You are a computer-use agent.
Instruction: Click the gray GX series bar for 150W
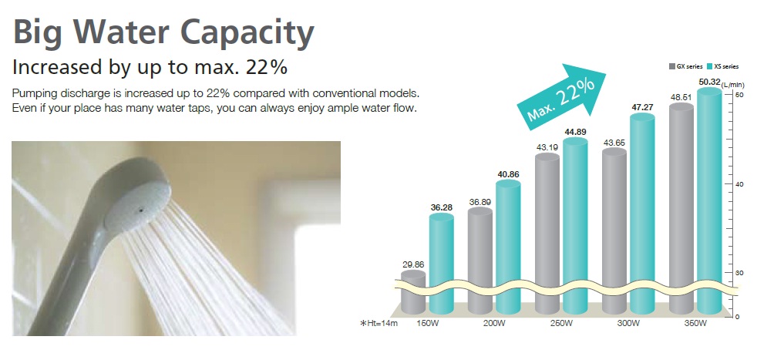pyautogui.click(x=413, y=292)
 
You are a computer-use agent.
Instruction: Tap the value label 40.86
pyautogui.click(x=509, y=174)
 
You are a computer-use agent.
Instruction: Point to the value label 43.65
pyautogui.click(x=614, y=143)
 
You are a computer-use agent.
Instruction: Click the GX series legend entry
pyautogui.click(x=686, y=66)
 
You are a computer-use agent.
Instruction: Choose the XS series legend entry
pyautogui.click(x=723, y=66)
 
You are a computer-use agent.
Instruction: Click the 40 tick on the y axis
pyautogui.click(x=739, y=184)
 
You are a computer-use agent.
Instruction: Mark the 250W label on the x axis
pyautogui.click(x=561, y=323)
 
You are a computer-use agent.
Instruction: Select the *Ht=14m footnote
pyautogui.click(x=379, y=323)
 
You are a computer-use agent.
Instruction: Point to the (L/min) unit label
pyautogui.click(x=733, y=85)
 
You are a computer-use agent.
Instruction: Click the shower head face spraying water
pyautogui.click(x=137, y=207)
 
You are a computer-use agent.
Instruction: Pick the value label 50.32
pyautogui.click(x=710, y=82)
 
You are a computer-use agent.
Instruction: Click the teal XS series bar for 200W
pyautogui.click(x=509, y=247)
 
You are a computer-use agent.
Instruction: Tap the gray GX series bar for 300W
pyautogui.click(x=614, y=231)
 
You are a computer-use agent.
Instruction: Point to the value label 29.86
pyautogui.click(x=413, y=264)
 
